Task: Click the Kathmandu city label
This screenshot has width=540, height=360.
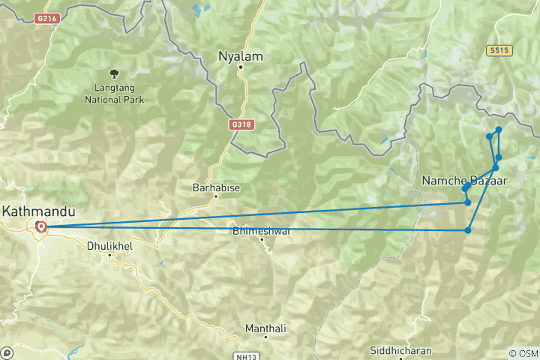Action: (x=34, y=211)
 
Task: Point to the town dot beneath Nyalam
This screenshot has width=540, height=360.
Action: (x=241, y=67)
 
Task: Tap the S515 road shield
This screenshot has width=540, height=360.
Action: (x=498, y=50)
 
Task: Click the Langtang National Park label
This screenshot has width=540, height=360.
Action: (x=115, y=92)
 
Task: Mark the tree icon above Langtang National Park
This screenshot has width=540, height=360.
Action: (x=114, y=73)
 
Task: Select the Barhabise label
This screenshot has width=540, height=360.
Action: (x=216, y=187)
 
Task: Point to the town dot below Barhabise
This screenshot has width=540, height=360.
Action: (x=216, y=196)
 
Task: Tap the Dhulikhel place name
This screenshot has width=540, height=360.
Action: (x=109, y=244)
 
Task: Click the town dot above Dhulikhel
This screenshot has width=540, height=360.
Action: (x=109, y=255)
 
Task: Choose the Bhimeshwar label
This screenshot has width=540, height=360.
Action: (x=262, y=232)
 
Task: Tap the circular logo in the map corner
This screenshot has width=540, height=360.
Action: (x=7, y=352)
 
